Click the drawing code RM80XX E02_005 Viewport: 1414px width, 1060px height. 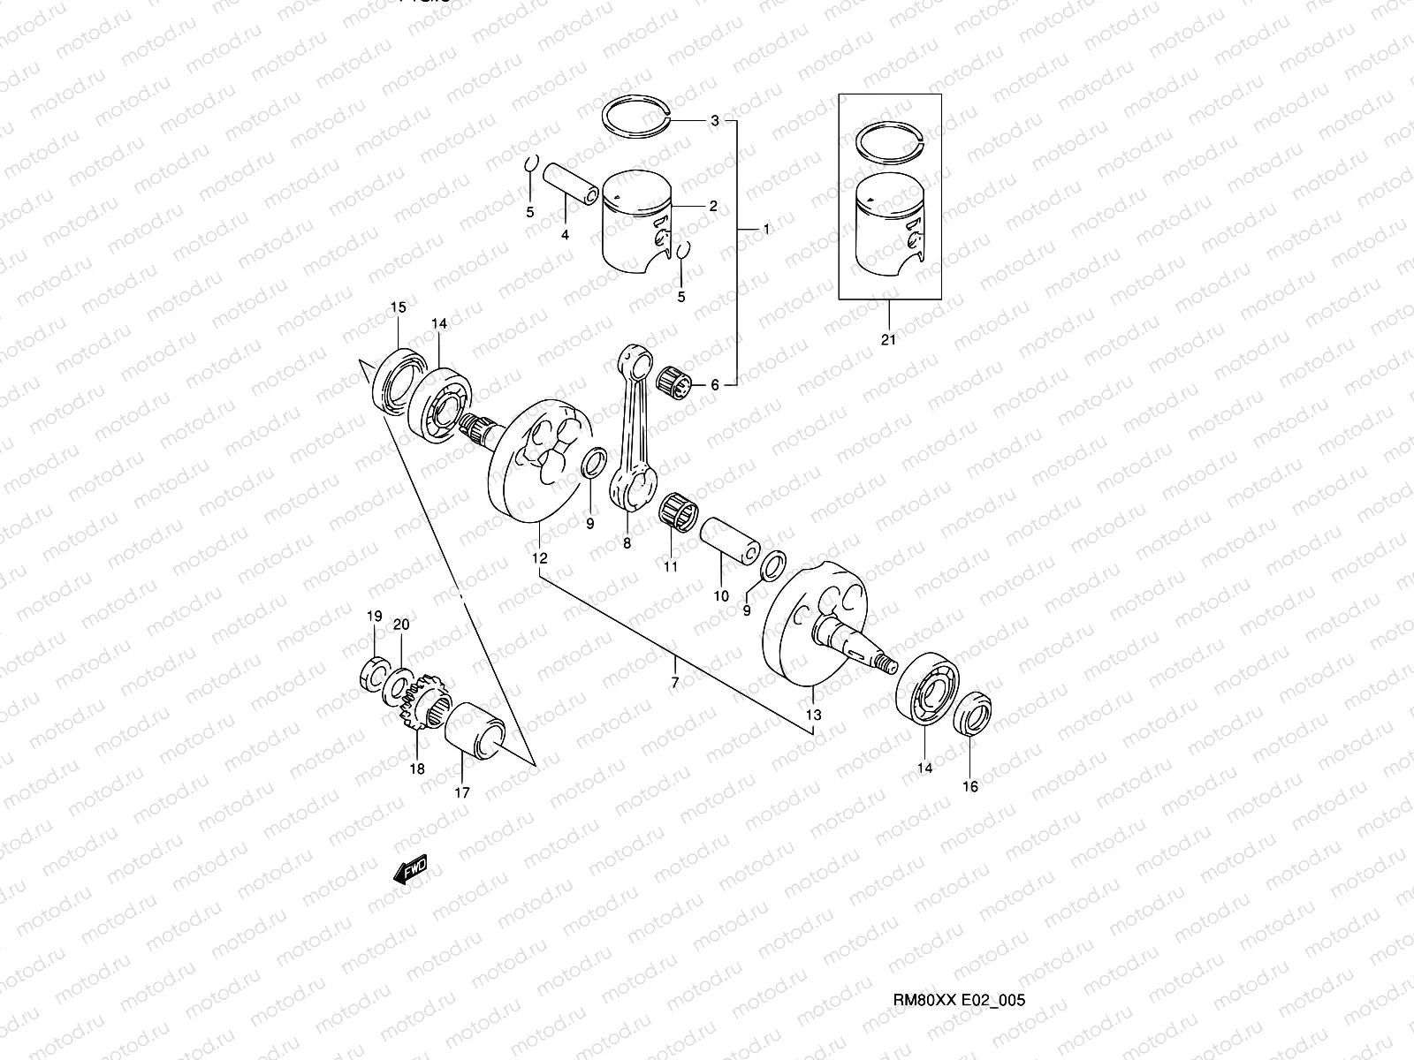pos(959,1001)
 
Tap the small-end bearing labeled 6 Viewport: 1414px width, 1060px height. pos(680,381)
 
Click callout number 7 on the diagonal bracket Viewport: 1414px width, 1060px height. pos(674,683)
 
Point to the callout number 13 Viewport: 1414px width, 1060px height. pos(813,714)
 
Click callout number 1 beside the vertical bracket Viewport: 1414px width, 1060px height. pos(766,229)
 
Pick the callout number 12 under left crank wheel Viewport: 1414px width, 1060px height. pos(539,558)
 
